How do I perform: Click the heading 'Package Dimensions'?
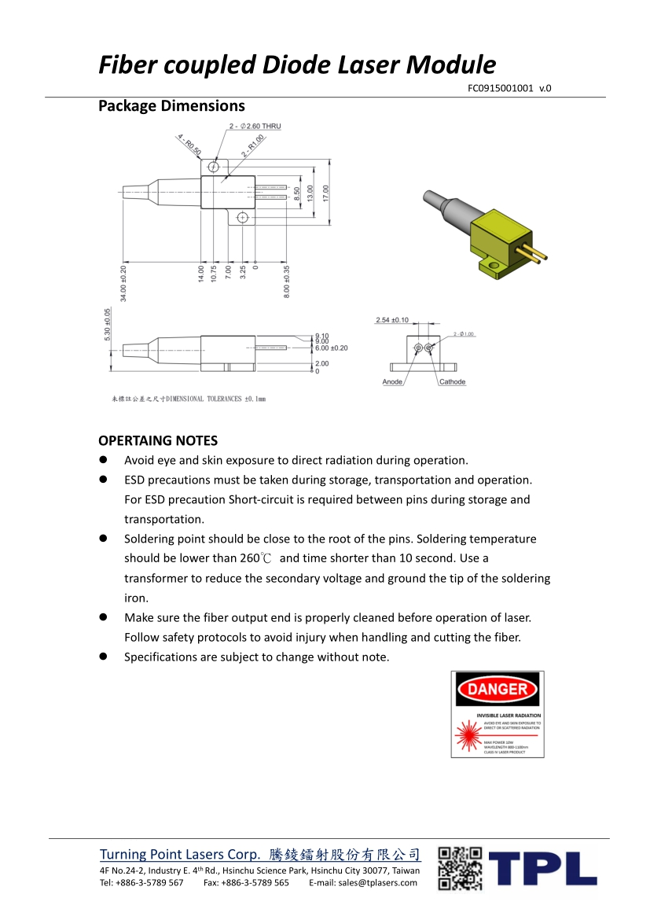pyautogui.click(x=171, y=106)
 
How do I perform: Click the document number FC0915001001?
pyautogui.click(x=500, y=88)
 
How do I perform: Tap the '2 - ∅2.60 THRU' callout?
pyautogui.click(x=255, y=127)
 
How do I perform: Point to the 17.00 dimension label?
pyautogui.click(x=326, y=193)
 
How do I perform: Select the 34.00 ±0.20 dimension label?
pyautogui.click(x=123, y=283)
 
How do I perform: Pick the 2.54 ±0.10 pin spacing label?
pyautogui.click(x=392, y=320)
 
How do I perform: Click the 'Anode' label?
pyautogui.click(x=392, y=382)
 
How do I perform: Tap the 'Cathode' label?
pyautogui.click(x=452, y=382)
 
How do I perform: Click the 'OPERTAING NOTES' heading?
pyautogui.click(x=158, y=440)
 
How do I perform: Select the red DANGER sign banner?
pyautogui.click(x=498, y=690)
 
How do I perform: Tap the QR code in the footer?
pyautogui.click(x=460, y=868)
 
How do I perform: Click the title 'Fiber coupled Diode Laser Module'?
pyautogui.click(x=297, y=64)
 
